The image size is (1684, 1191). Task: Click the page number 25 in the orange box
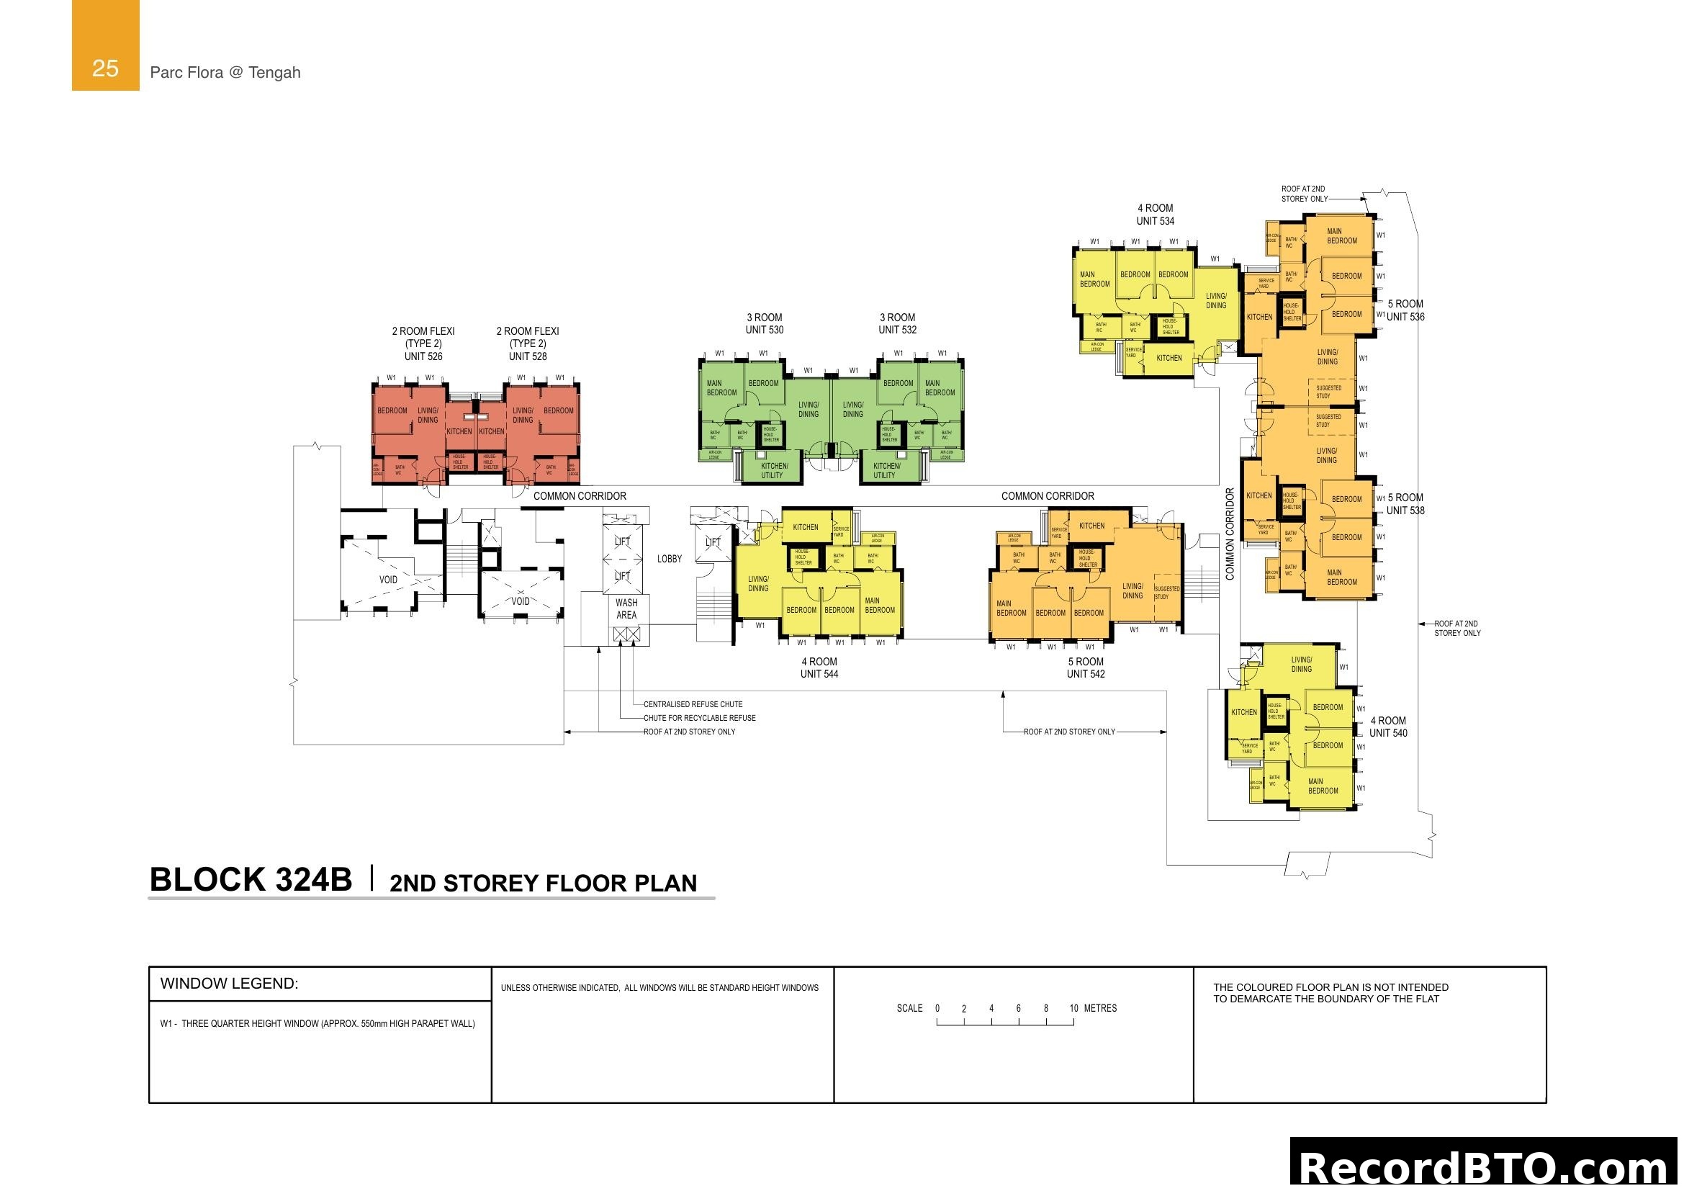pos(105,68)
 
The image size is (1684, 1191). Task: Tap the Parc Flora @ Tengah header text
pos(225,73)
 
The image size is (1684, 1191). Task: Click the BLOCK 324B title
pos(250,880)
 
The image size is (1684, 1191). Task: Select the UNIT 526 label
pos(423,356)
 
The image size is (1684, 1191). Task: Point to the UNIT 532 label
pos(897,330)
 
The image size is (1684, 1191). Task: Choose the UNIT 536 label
pos(1405,317)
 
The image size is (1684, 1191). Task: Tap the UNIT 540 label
pos(1387,732)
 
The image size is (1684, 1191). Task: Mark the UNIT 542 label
pos(1086,674)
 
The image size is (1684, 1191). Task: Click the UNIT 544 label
pos(819,674)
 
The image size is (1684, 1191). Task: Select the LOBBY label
pos(669,559)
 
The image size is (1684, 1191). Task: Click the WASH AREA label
pos(626,608)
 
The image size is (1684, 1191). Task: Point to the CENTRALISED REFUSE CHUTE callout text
pos(693,704)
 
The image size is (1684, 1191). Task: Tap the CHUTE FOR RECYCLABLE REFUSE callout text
pos(699,718)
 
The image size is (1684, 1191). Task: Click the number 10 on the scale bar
pos(1073,1008)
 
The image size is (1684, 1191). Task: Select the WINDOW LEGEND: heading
pos(230,984)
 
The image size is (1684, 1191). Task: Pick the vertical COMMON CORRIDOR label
pos(1230,534)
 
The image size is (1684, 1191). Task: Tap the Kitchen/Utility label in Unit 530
pos(774,471)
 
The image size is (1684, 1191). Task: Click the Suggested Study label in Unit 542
pos(1167,593)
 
